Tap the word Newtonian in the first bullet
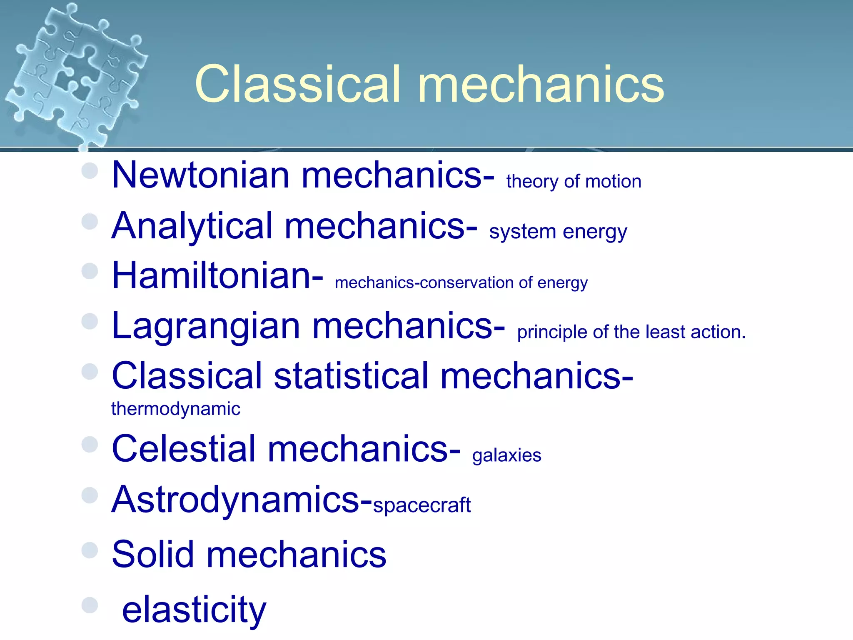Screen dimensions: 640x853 (x=200, y=175)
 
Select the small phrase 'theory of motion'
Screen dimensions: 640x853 (x=574, y=182)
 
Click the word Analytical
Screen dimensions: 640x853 (x=192, y=226)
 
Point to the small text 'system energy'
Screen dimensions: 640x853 (x=558, y=232)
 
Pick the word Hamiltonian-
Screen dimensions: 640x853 (x=217, y=275)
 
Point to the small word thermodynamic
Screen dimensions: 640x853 (x=175, y=409)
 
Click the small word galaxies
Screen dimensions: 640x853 (x=506, y=455)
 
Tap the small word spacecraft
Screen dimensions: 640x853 (x=422, y=505)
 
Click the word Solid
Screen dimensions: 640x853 (x=153, y=555)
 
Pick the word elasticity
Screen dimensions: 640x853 (x=194, y=610)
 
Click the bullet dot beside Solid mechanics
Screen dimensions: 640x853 (x=90, y=550)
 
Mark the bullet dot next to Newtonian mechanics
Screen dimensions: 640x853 (x=90, y=170)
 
